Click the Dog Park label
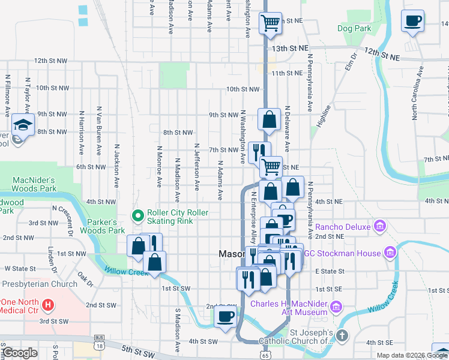(354, 28)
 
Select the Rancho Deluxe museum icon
(379, 226)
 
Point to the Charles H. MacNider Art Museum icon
(336, 308)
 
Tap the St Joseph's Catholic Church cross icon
(342, 337)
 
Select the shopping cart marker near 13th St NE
(270, 23)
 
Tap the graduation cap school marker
(22, 124)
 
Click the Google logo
(19, 353)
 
